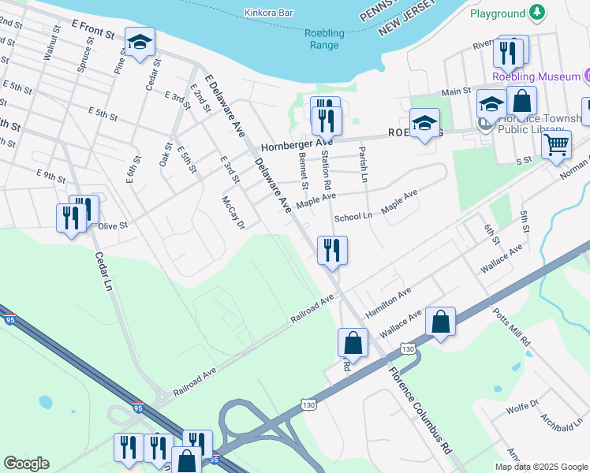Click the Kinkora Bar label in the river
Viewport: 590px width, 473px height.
pos(269,13)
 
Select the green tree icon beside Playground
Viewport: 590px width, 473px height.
pos(537,13)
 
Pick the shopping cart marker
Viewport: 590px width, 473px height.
pos(557,145)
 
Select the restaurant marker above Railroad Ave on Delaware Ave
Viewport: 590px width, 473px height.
pos(332,250)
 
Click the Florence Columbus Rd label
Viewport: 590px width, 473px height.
pos(418,410)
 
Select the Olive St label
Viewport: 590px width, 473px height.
pos(113,225)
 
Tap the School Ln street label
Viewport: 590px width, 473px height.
pos(353,217)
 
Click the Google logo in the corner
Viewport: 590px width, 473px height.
pos(26,463)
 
